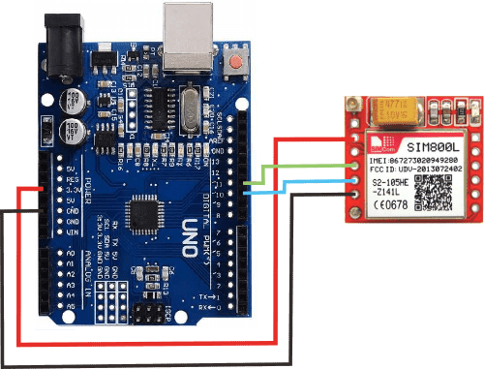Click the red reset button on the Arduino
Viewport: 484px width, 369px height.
click(236, 64)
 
